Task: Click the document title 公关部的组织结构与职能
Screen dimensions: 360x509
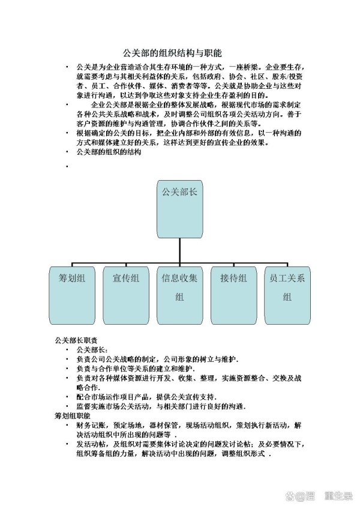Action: coord(172,53)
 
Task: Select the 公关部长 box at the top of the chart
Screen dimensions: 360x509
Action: coord(180,209)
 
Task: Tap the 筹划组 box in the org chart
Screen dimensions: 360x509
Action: coord(72,295)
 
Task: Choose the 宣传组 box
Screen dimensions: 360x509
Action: coord(126,295)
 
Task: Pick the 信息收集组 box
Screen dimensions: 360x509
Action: coord(180,295)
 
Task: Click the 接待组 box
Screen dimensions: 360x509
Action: coord(234,295)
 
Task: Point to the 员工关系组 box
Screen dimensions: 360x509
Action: coord(287,295)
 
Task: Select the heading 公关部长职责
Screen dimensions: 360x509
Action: coord(76,340)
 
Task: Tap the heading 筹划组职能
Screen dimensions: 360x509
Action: coord(73,415)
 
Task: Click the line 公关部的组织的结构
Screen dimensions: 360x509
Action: coord(109,152)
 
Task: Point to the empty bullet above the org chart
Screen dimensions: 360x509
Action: coord(67,166)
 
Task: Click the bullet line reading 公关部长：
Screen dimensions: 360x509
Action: coord(92,350)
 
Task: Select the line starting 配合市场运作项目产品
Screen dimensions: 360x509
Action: coord(146,397)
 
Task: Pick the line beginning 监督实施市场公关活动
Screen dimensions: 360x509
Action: coord(161,406)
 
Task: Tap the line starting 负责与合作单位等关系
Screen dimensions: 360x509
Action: coord(136,369)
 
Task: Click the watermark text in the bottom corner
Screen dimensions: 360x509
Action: coord(319,496)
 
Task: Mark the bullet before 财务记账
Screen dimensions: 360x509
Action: coord(67,425)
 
